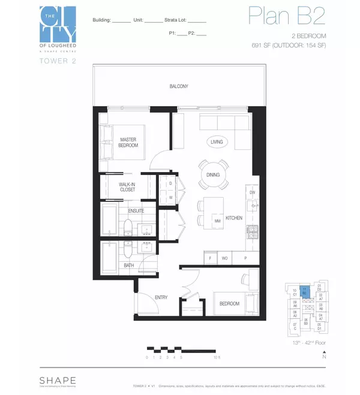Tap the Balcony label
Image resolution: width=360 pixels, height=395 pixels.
point(178,86)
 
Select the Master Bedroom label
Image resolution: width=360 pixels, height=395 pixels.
point(128,142)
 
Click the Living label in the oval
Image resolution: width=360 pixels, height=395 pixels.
point(217,142)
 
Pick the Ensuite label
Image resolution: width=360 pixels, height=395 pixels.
point(136,211)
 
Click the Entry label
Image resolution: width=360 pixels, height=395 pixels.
point(161,297)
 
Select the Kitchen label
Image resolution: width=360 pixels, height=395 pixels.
point(234,218)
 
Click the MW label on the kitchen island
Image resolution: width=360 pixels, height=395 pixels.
point(217,221)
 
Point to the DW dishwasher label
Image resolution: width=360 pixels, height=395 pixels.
point(253,192)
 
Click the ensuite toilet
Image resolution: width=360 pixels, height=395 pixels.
point(128,227)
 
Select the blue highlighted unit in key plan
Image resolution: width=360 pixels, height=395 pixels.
point(305,293)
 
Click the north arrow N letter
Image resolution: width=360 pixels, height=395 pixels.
point(324,357)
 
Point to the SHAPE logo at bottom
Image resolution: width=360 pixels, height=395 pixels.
point(58,379)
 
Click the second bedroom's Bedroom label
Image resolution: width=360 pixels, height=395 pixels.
point(229,304)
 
